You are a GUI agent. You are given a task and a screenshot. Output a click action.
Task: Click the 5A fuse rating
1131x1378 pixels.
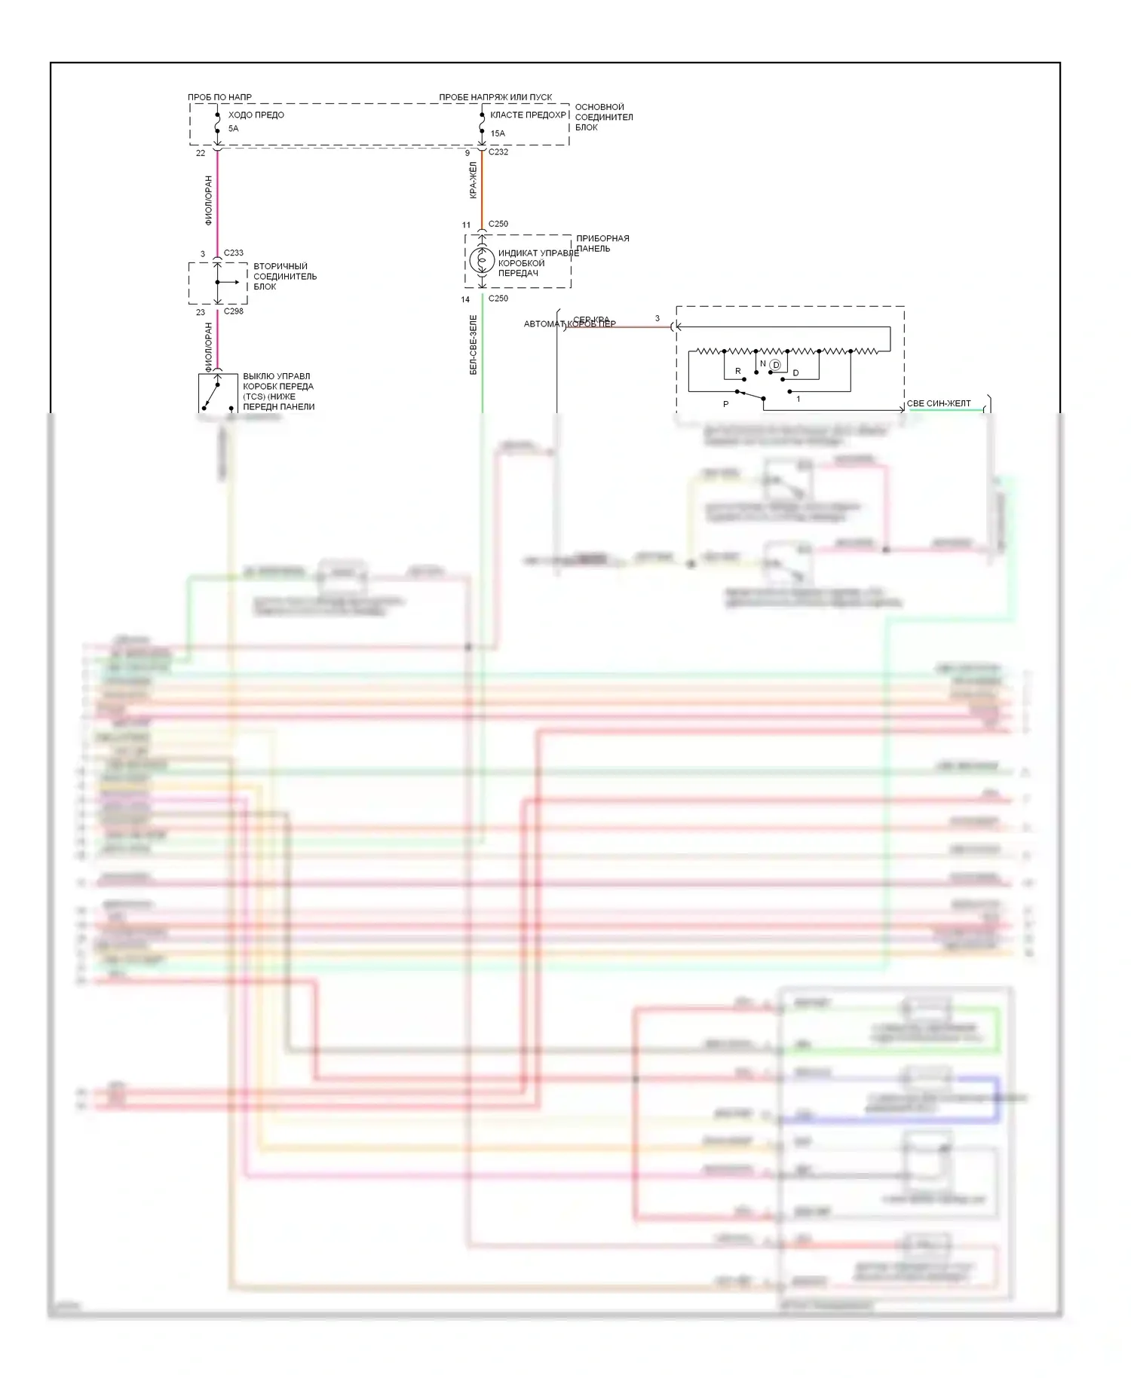[x=234, y=129]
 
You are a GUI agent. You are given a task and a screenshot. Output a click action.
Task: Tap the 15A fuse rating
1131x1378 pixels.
[x=498, y=133]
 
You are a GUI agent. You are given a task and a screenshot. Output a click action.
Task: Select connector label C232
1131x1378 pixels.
[x=498, y=152]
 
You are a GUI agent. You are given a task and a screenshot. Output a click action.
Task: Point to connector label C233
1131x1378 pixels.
[x=234, y=253]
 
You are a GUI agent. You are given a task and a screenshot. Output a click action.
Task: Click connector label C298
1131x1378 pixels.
[x=234, y=311]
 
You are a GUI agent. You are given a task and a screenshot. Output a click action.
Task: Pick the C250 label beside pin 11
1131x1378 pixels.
[x=498, y=224]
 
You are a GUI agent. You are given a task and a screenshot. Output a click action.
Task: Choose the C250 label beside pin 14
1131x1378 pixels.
[x=498, y=299]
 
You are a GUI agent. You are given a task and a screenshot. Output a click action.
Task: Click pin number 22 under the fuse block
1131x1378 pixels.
[x=201, y=153]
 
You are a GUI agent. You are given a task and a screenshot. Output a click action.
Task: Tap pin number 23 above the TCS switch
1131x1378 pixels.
[x=201, y=312]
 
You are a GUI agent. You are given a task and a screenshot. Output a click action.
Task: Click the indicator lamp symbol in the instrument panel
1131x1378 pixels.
[x=481, y=261]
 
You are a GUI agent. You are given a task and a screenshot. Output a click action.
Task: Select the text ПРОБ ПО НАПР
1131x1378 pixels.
[x=219, y=97]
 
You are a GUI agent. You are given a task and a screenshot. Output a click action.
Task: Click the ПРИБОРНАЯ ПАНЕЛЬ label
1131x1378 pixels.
[x=602, y=243]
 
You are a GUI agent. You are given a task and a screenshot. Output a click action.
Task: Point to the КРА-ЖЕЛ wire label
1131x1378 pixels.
[x=474, y=180]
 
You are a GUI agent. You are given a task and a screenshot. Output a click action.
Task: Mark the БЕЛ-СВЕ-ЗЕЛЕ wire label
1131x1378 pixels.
[x=474, y=344]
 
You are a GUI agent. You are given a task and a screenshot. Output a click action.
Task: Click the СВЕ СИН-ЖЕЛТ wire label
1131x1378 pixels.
[x=939, y=403]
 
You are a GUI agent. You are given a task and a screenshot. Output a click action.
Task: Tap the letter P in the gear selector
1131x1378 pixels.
[x=726, y=405]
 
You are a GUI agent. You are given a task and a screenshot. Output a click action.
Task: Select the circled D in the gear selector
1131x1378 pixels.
[x=775, y=365]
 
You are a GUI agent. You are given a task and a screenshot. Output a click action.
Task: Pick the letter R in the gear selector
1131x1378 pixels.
[x=738, y=371]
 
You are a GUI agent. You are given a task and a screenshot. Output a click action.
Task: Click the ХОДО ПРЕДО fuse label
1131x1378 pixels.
[x=256, y=115]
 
